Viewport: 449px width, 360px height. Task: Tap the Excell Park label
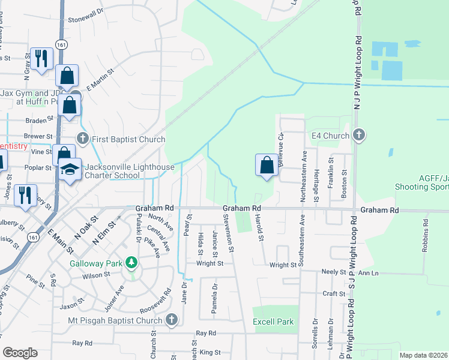273,322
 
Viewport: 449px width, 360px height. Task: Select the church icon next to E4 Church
359,136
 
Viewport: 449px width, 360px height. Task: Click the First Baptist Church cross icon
83,139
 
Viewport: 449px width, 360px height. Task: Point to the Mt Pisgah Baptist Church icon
172,320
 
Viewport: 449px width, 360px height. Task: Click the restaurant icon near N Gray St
41,58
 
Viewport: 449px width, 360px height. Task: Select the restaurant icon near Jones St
25,195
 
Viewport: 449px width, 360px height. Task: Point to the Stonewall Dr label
90,19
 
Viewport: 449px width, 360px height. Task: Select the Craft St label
333,293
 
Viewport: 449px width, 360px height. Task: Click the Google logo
20,353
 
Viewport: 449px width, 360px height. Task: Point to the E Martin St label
100,79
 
